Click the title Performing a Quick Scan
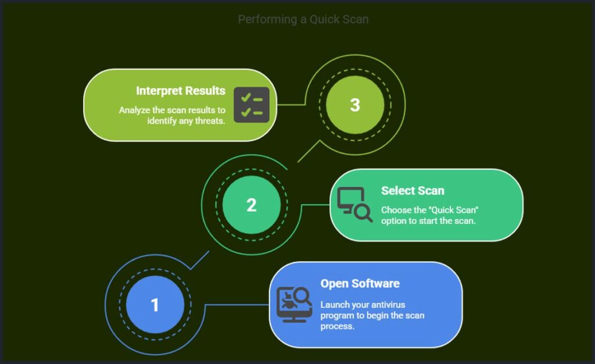303,19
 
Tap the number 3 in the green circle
355,105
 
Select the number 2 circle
252,205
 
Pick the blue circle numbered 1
155,305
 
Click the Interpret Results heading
181,91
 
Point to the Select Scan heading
413,191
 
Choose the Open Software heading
360,284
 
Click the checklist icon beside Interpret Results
252,105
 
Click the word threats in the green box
210,121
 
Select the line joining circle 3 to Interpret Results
291,105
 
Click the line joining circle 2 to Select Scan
316,205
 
